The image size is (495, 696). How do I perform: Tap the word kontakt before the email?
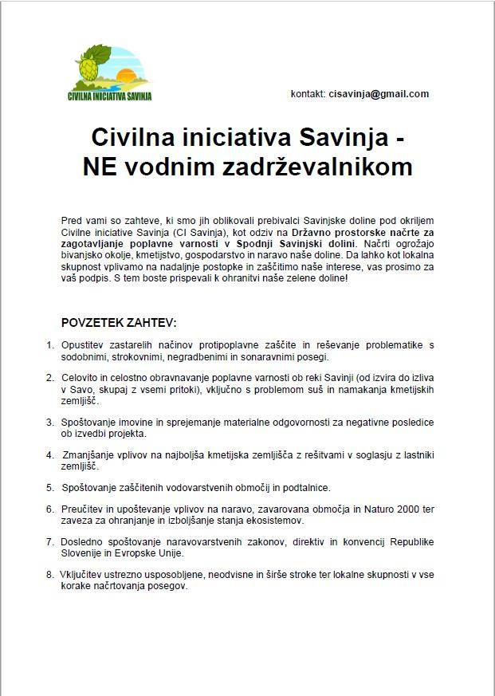(308, 94)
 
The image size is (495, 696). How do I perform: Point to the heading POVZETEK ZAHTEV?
(119, 323)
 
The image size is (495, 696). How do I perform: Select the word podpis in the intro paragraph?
(108, 279)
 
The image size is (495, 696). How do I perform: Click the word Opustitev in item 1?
(82, 345)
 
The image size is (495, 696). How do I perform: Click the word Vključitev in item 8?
(82, 574)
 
